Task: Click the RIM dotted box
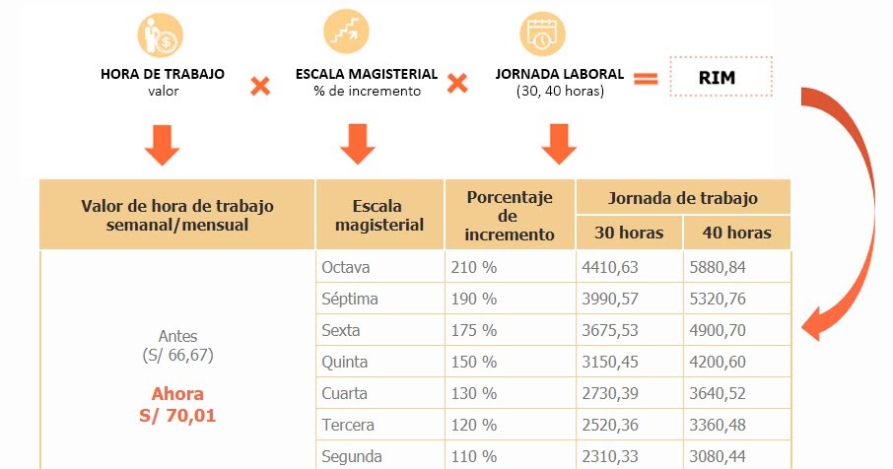(x=720, y=76)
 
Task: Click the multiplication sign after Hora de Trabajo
(x=260, y=87)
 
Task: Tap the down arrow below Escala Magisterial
(x=358, y=144)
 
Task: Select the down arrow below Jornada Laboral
(x=558, y=144)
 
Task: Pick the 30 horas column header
(x=629, y=234)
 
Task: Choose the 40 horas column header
(x=736, y=234)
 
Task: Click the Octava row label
(x=346, y=266)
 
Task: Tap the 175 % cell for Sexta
(x=473, y=330)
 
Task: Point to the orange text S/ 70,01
(x=177, y=416)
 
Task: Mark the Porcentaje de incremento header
(x=509, y=215)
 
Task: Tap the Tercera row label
(x=349, y=426)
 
